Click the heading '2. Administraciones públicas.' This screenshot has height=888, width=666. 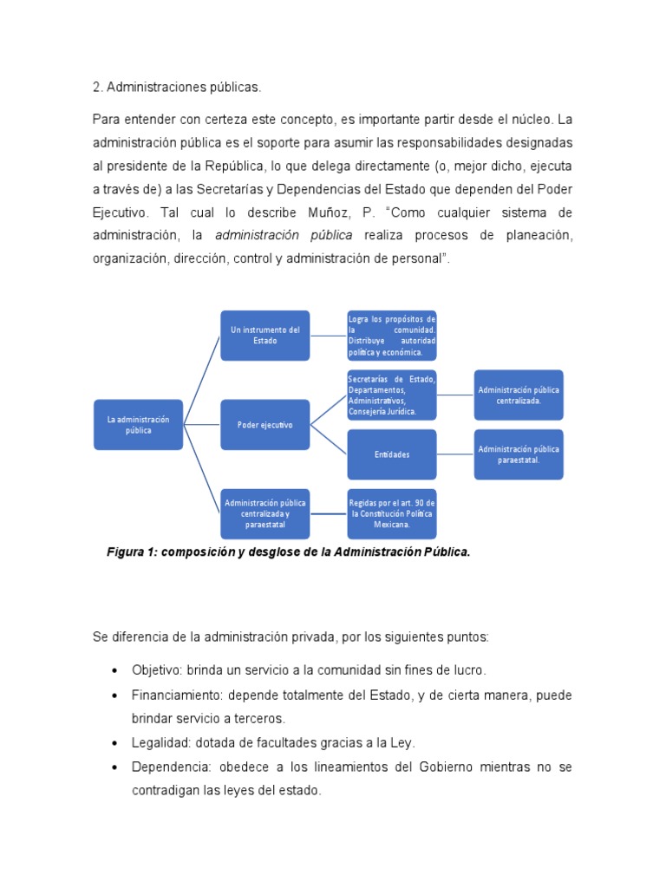[x=176, y=88]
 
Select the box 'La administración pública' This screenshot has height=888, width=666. [x=139, y=424]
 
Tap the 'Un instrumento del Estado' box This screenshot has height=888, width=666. [x=264, y=335]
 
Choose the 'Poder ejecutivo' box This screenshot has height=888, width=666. [x=264, y=425]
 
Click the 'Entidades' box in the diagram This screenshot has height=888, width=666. [x=392, y=454]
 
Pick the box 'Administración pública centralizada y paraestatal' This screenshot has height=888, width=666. [x=264, y=513]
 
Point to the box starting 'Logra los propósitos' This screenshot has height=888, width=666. [x=392, y=335]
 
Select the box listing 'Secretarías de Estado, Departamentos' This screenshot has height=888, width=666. [x=392, y=395]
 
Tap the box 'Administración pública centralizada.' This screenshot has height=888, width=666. [x=519, y=395]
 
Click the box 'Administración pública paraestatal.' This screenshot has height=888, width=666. [x=519, y=454]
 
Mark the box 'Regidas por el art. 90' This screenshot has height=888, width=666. [x=392, y=513]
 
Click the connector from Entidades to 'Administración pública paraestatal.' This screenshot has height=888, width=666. [x=455, y=454]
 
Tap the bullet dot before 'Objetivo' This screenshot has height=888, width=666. [x=115, y=671]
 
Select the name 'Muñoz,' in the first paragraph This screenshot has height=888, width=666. [x=326, y=212]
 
